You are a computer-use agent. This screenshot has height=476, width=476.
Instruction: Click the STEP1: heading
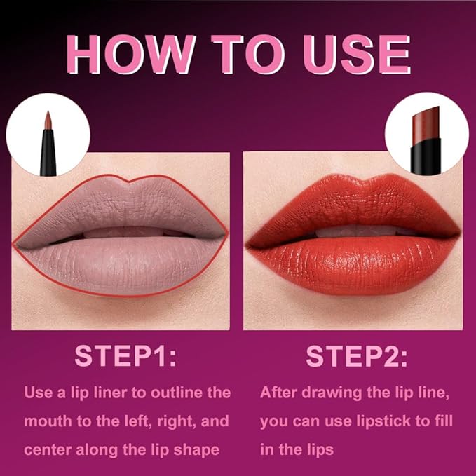click(126, 356)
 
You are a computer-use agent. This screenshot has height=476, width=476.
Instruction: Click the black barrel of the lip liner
click(48, 158)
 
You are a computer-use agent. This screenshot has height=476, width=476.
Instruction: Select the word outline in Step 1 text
click(168, 392)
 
